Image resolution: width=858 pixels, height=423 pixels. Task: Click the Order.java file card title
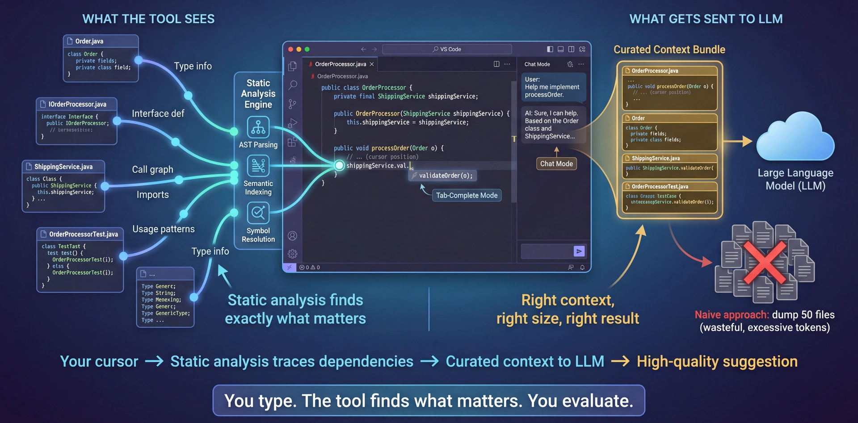tap(89, 41)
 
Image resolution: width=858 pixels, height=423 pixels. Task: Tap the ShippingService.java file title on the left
tap(63, 167)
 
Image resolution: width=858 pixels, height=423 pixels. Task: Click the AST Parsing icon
tap(258, 127)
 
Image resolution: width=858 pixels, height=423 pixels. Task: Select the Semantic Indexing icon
tap(258, 166)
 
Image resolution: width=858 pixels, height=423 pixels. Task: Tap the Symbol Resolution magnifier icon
tap(258, 213)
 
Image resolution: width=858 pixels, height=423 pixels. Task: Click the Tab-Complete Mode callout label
tap(467, 195)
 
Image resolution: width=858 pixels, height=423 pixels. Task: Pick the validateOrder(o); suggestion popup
tap(442, 176)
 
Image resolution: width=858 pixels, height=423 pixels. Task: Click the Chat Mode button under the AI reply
tap(556, 163)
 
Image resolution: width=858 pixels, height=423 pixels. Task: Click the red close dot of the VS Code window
tap(291, 49)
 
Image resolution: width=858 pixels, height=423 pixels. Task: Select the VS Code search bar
tap(447, 49)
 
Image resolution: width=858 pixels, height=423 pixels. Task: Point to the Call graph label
tap(152, 169)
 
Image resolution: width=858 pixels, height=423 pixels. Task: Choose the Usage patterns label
tap(164, 229)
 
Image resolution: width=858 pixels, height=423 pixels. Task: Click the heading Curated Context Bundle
tap(669, 50)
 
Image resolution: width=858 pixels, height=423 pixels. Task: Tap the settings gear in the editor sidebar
tap(293, 254)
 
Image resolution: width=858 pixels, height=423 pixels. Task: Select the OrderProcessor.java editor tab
tap(341, 64)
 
